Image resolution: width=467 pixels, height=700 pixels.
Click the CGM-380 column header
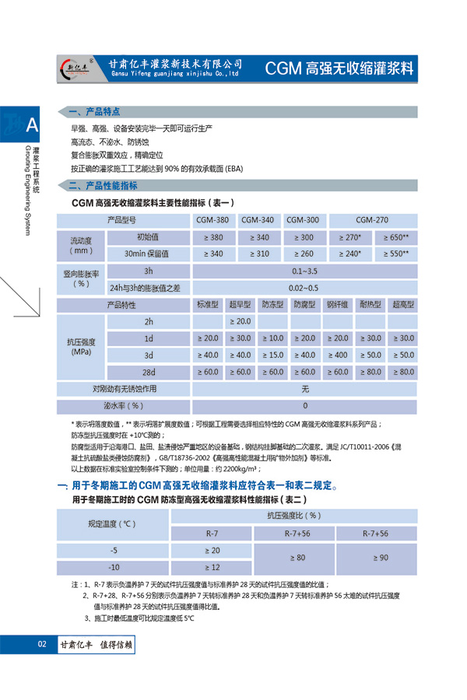(x=212, y=219)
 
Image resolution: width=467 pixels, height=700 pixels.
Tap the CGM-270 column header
(x=371, y=219)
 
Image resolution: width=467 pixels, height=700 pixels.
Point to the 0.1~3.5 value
(x=305, y=271)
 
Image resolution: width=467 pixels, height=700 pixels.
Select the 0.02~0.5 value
(x=305, y=287)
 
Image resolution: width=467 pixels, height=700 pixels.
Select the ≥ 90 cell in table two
(x=374, y=558)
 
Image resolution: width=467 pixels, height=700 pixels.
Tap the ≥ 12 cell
(x=212, y=567)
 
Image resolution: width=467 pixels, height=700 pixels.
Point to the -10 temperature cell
(x=114, y=567)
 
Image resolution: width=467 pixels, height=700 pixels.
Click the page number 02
(x=42, y=644)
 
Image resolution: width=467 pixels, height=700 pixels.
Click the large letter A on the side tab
(x=31, y=124)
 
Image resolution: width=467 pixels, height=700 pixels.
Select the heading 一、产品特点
(x=96, y=111)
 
